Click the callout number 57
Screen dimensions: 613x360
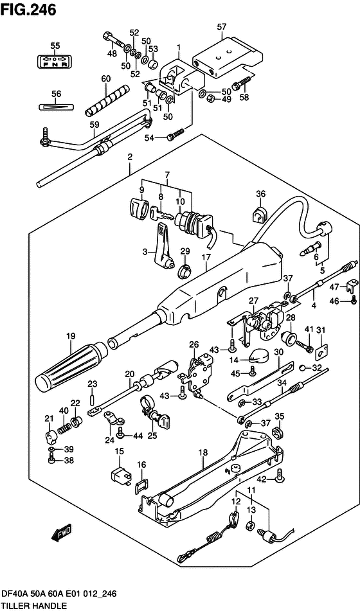click(x=222, y=26)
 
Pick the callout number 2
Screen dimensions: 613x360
click(x=130, y=157)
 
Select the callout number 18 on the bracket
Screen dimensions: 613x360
click(x=203, y=453)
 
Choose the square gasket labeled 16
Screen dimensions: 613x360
click(x=141, y=486)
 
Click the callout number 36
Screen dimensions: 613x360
click(x=260, y=194)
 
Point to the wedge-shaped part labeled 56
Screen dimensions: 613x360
click(x=56, y=106)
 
